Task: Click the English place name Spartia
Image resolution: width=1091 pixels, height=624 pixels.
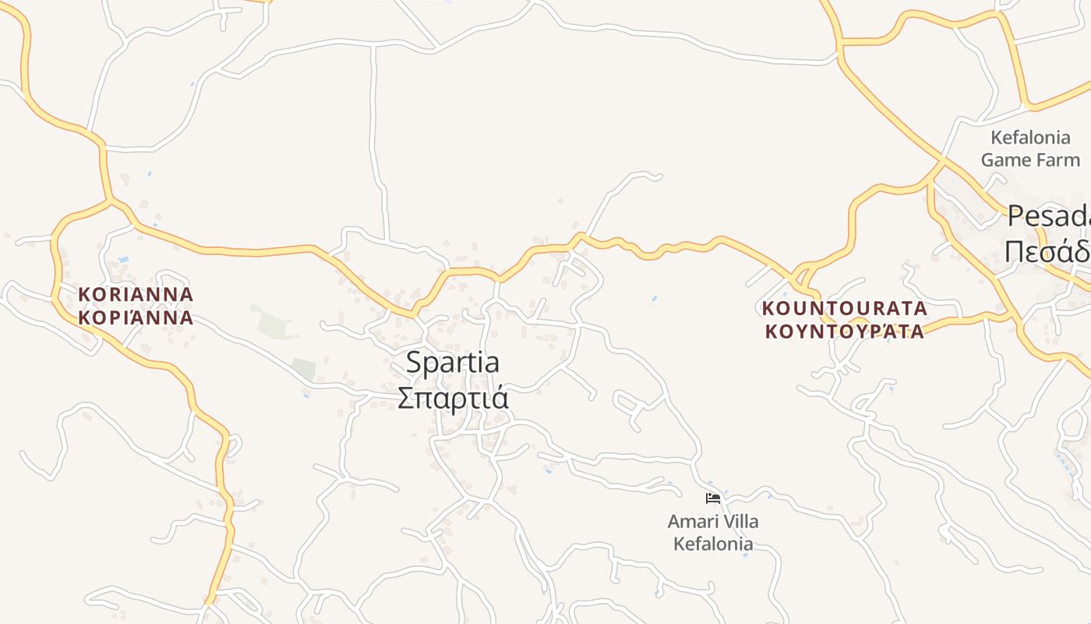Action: tap(453, 363)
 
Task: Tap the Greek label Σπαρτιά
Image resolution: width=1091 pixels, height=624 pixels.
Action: tap(453, 397)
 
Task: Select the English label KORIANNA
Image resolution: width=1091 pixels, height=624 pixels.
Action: tap(136, 295)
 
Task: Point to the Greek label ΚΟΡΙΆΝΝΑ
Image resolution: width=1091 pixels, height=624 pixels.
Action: tap(136, 318)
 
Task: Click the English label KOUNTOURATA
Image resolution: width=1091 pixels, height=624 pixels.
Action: tap(845, 308)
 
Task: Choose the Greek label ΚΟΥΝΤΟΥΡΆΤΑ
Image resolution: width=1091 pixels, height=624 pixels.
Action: tap(845, 331)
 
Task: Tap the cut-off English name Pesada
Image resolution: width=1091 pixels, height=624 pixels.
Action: tap(1049, 216)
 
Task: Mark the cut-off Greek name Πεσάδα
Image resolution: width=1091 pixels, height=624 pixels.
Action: tap(1047, 251)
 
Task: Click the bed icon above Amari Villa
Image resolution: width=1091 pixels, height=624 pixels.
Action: tap(712, 498)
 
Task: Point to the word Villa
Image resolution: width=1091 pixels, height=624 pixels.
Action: tap(739, 521)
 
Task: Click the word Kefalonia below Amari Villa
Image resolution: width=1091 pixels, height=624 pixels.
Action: tap(713, 544)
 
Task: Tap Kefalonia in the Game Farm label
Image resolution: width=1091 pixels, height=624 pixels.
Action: tap(1030, 138)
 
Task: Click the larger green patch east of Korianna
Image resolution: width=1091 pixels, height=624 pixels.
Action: tap(273, 321)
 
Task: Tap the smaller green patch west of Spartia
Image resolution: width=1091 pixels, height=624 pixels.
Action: tap(303, 368)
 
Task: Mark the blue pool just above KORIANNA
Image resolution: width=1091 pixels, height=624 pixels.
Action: tap(123, 259)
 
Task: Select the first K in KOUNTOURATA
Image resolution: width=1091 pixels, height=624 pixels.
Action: tap(768, 308)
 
